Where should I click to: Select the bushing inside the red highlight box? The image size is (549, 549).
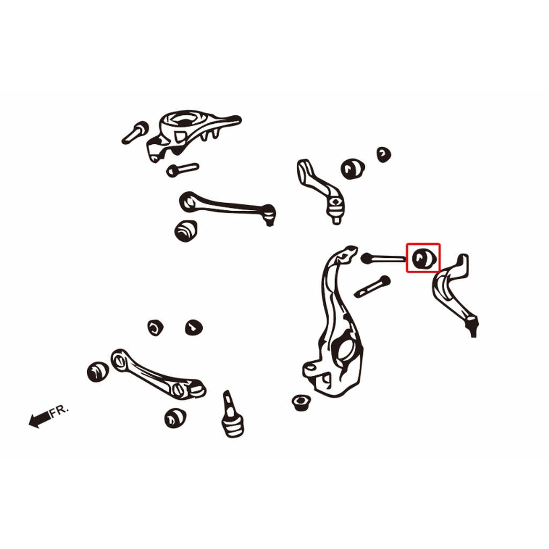pos(424,258)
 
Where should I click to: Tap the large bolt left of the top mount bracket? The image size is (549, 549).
pos(135,133)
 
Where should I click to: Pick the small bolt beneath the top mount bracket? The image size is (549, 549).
pos(182,170)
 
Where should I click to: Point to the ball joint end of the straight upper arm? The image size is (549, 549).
pos(269,214)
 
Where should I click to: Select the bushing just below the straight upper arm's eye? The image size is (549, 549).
pos(186,231)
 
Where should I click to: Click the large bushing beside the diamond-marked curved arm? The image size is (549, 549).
pos(353,169)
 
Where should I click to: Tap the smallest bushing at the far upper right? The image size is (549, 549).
pos(384,154)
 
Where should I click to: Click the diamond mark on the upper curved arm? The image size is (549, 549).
pos(336,202)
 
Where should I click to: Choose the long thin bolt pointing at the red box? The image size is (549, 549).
pos(383,259)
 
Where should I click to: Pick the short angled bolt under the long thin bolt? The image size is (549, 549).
pos(372,286)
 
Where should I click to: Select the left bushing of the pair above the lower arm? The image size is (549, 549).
pos(155,328)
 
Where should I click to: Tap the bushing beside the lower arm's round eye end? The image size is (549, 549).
pos(98,372)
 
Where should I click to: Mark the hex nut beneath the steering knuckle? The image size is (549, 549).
pos(301,403)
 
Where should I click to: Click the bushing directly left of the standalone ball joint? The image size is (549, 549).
pos(175,418)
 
